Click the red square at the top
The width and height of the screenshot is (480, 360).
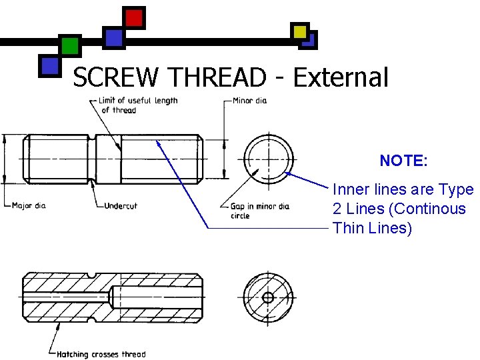134,18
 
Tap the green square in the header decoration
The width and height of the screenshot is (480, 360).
69,46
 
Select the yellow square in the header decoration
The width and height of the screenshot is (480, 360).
300,31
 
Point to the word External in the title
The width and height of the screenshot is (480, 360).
340,78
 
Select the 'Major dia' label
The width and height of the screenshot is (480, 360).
29,205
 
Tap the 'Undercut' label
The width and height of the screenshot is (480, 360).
121,205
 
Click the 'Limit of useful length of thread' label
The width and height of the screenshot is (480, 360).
138,105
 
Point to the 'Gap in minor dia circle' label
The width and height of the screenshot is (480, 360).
259,211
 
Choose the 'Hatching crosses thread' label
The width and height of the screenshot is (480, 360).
101,354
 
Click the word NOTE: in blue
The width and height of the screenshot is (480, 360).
403,161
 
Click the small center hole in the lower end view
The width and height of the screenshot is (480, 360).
268,297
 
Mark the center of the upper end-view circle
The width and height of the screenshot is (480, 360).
268,159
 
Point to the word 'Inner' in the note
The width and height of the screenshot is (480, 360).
351,189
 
